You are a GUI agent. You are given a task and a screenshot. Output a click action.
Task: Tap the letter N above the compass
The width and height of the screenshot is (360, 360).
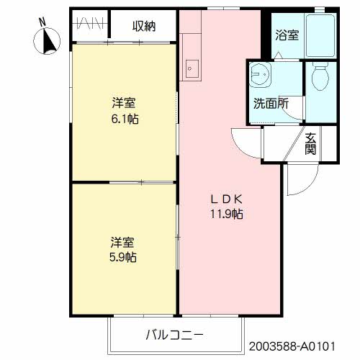[x=42, y=22]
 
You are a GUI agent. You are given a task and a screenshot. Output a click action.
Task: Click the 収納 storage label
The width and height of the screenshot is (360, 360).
[x=143, y=27]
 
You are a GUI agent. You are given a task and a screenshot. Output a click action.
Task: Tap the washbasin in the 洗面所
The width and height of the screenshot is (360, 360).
[x=259, y=74]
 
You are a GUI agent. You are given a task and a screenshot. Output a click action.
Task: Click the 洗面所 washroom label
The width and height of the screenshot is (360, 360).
[x=270, y=102]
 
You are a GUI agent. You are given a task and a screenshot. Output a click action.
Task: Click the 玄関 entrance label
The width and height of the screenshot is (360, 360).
[x=310, y=144]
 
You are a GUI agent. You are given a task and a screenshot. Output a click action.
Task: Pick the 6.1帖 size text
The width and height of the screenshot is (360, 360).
[x=124, y=118]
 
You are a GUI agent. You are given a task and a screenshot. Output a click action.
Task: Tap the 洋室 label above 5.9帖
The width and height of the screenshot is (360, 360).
[x=124, y=241]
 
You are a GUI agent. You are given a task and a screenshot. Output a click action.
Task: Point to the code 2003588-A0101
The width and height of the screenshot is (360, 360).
[x=302, y=346]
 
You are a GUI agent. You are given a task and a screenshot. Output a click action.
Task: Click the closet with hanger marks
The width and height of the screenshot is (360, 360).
[x=91, y=27]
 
